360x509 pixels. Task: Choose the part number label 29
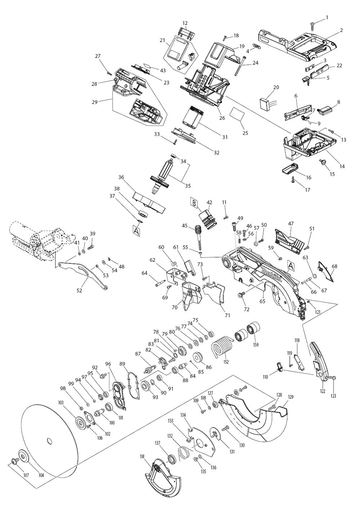coord(95,102)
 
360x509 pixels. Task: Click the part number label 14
coord(342,166)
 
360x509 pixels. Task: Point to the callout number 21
coord(162,40)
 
